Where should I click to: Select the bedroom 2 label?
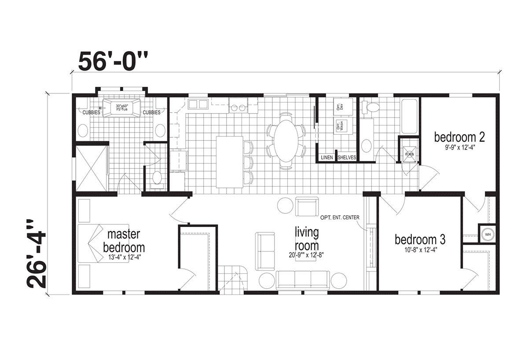[x=459, y=137]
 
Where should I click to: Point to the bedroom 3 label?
[x=420, y=240]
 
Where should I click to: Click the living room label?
[x=307, y=238]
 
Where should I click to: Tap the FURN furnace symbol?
[x=409, y=154]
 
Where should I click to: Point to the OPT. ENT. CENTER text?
[x=340, y=217]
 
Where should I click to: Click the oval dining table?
[x=286, y=140]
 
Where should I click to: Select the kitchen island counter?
[x=229, y=162]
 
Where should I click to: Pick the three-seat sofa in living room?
[x=303, y=279]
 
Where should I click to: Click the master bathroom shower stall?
[x=92, y=168]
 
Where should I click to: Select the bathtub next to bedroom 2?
[x=409, y=117]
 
